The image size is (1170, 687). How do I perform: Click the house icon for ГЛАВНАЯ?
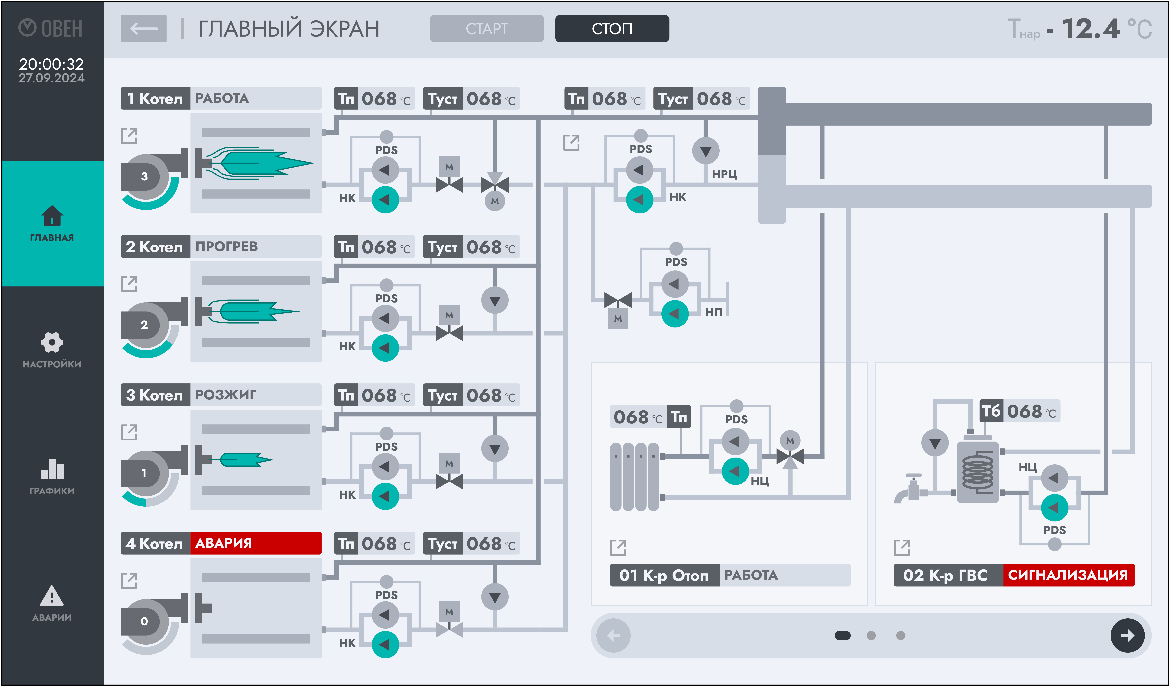point(52,215)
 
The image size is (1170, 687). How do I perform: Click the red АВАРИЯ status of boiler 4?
point(255,543)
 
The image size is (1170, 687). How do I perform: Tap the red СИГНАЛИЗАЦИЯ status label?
point(1068,575)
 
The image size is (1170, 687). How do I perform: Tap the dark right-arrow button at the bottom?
point(1127,635)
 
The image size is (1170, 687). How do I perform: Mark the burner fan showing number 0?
point(144,621)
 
